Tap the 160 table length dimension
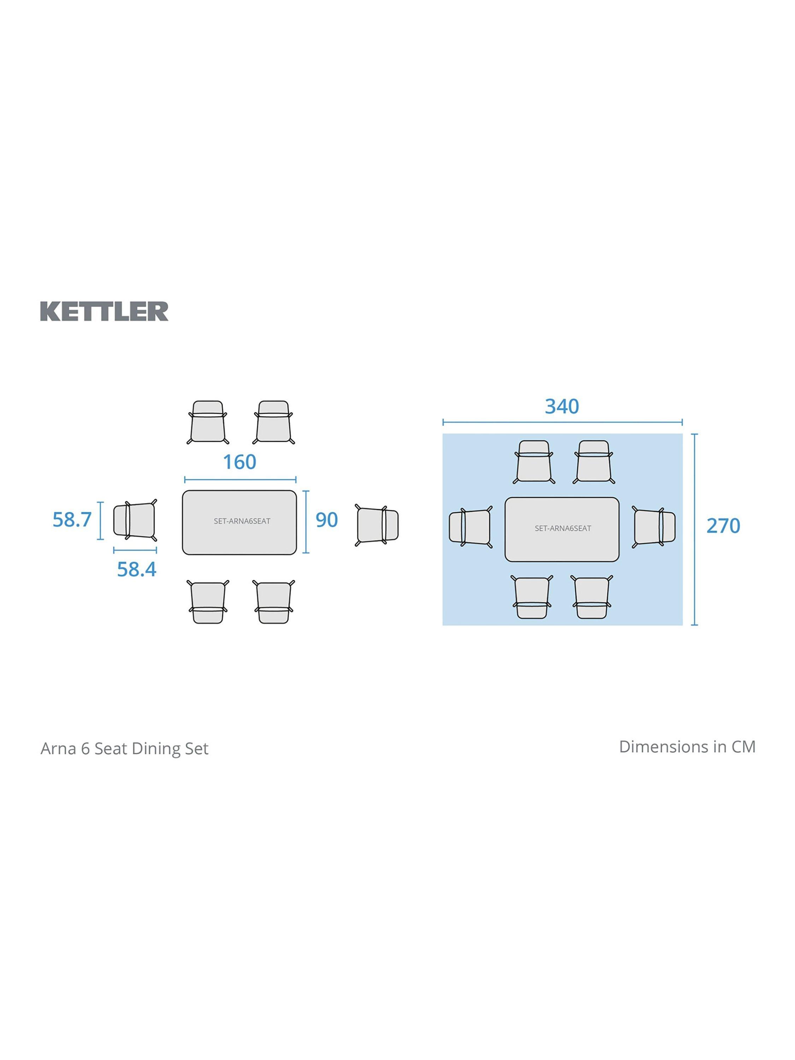pos(240,462)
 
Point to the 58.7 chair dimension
pos(72,519)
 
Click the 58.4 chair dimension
pos(137,569)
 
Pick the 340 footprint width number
pos(562,406)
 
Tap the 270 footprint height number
pos(723,526)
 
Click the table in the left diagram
pos(239,522)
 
